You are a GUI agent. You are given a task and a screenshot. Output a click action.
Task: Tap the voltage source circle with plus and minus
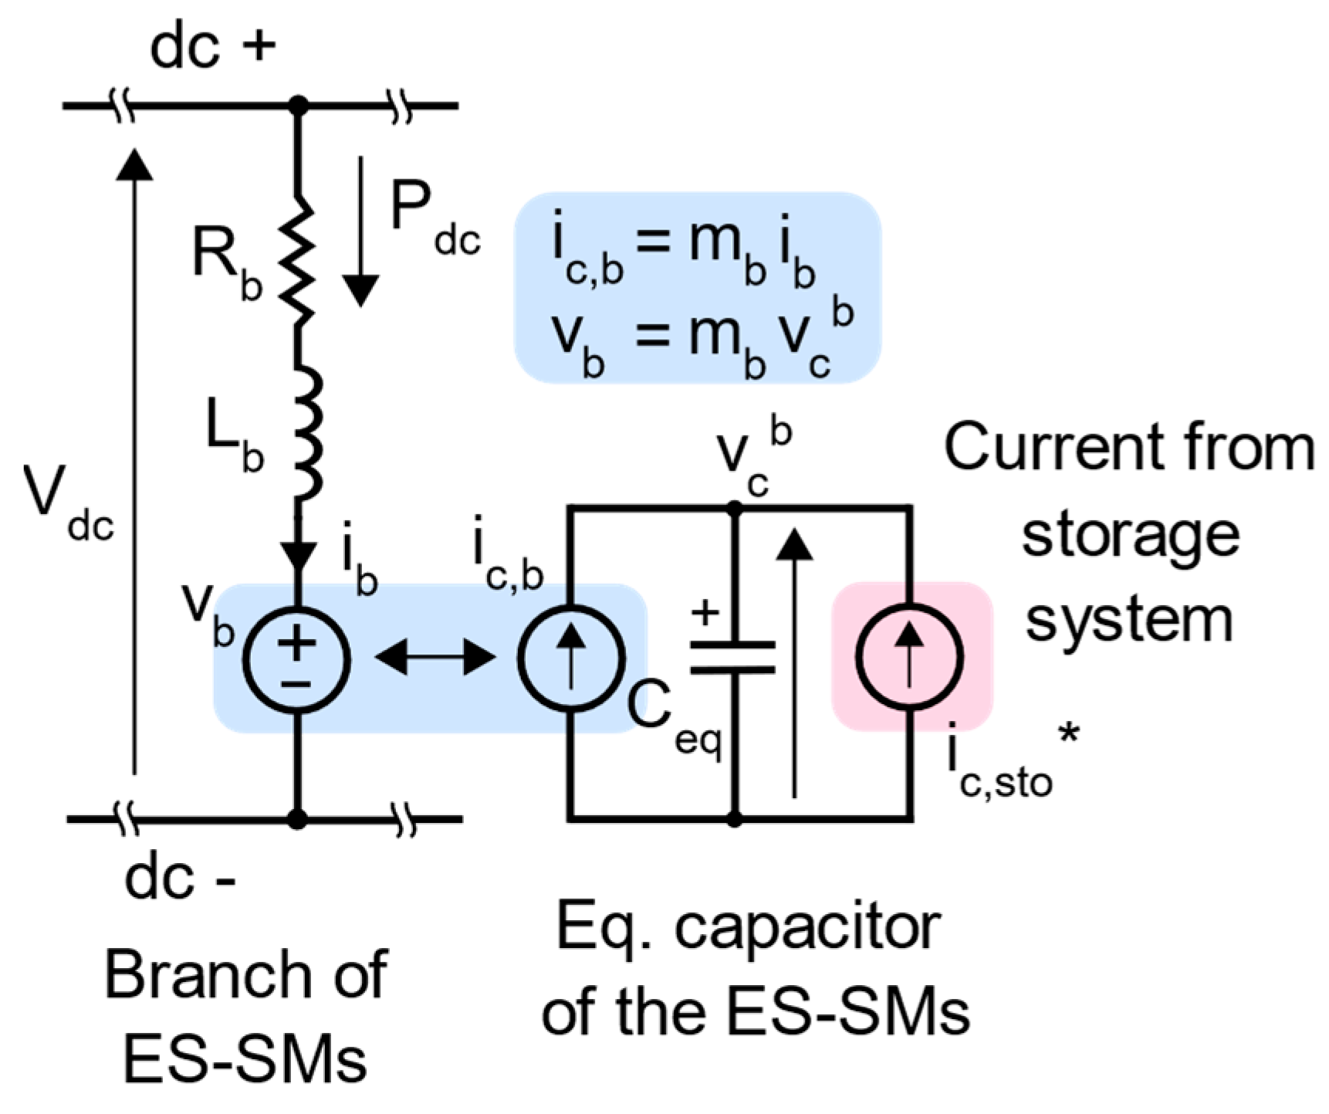pyautogui.click(x=297, y=659)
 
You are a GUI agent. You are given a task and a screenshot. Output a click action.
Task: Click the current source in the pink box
pyautogui.click(x=911, y=657)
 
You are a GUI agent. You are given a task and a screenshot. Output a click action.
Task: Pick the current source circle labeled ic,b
pyautogui.click(x=571, y=659)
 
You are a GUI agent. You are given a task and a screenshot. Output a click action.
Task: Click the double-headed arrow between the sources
pyautogui.click(x=435, y=658)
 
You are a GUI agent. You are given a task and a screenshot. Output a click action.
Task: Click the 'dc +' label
pyautogui.click(x=212, y=46)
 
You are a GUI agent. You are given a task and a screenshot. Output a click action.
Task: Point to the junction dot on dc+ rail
pyautogui.click(x=297, y=105)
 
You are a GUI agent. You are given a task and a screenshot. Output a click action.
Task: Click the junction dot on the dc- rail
pyautogui.click(x=297, y=818)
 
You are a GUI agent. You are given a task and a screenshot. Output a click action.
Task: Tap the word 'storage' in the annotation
pyautogui.click(x=1130, y=534)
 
